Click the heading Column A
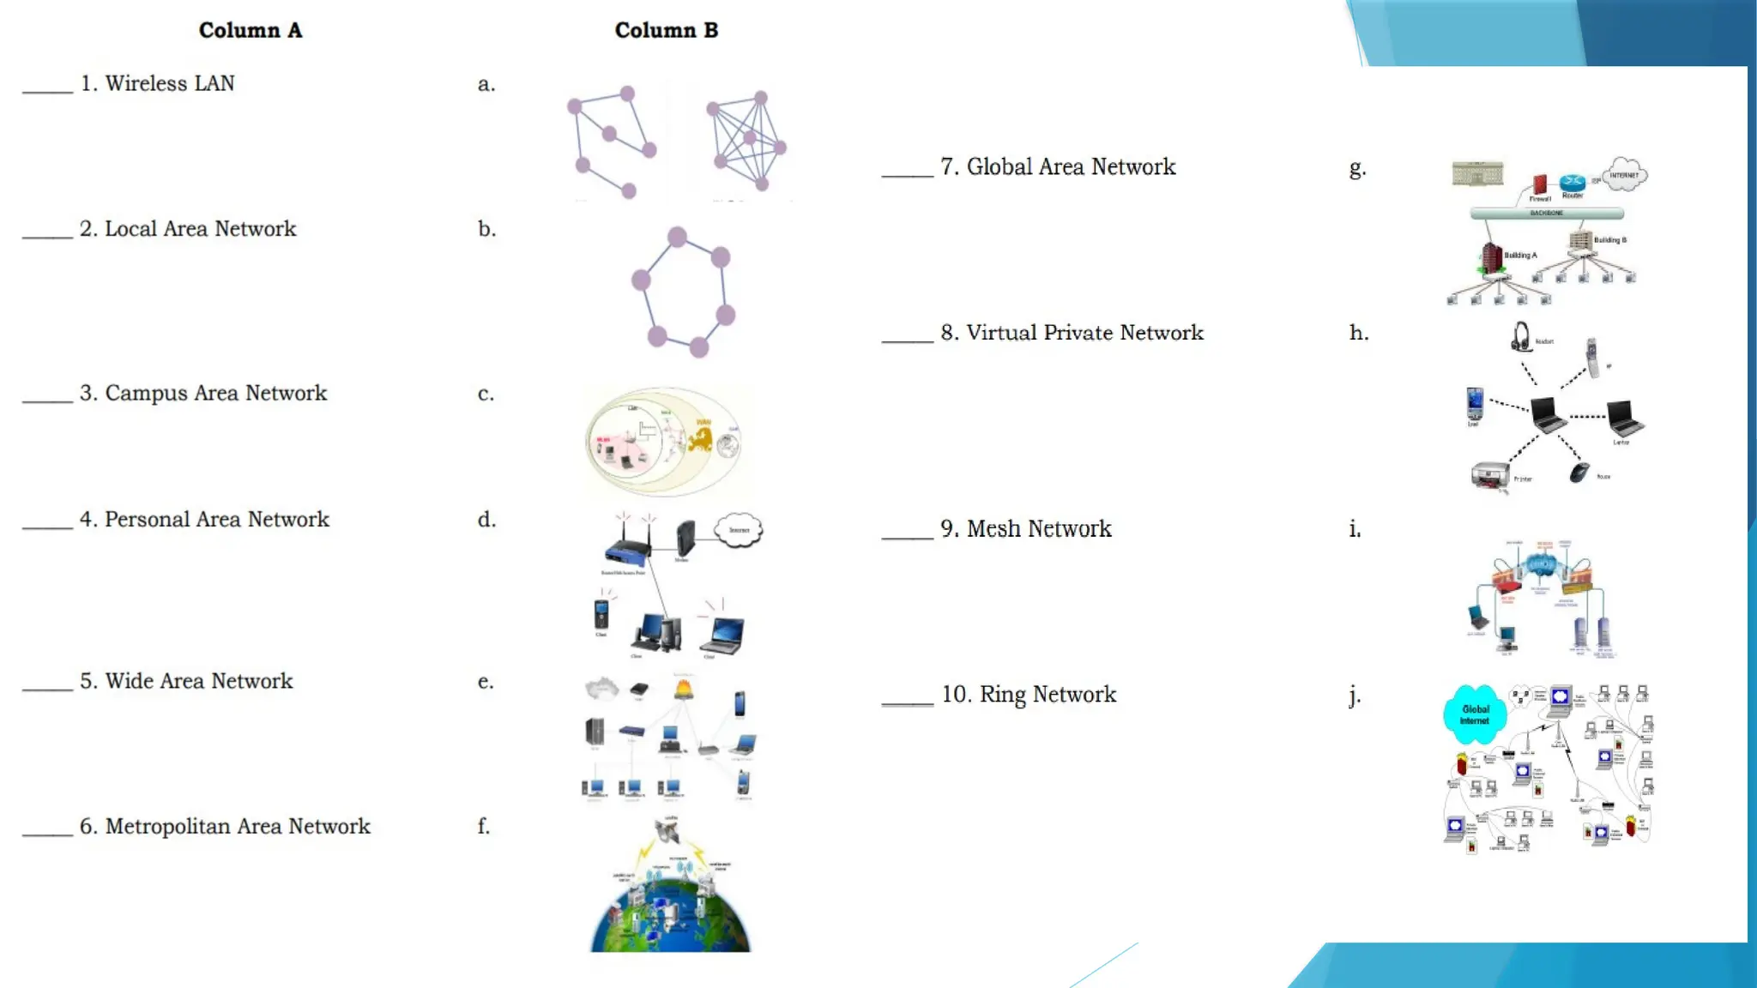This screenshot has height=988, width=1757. point(250,30)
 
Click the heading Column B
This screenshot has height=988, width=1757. point(666,30)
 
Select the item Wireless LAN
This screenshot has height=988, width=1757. point(169,83)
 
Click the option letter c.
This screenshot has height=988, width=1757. point(486,394)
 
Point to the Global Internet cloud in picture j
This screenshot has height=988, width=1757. point(1475,714)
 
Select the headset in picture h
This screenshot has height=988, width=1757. point(1520,337)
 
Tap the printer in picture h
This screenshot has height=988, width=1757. point(1490,474)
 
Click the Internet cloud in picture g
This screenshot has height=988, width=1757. point(1624,174)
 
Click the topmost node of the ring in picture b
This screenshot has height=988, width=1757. point(677,237)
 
